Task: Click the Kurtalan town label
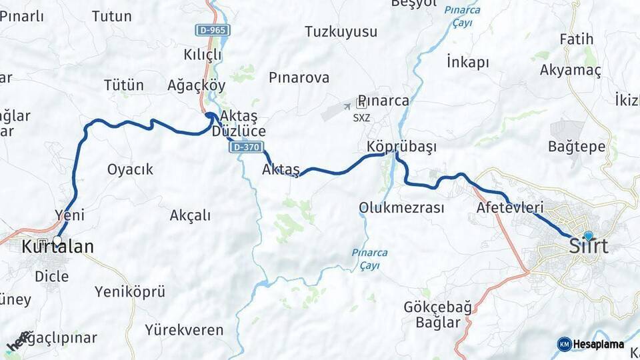pyautogui.click(x=57, y=247)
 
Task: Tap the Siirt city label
pyautogui.click(x=589, y=247)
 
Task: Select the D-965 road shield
pyautogui.click(x=212, y=30)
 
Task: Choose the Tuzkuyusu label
pyautogui.click(x=341, y=31)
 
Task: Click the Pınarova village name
pyautogui.click(x=299, y=77)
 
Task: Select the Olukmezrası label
pyautogui.click(x=401, y=207)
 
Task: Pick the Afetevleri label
pyautogui.click(x=510, y=207)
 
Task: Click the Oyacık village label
pyautogui.click(x=130, y=169)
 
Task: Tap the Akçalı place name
pyautogui.click(x=190, y=215)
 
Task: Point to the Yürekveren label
pyautogui.click(x=184, y=329)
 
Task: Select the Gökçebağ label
pyautogui.click(x=437, y=307)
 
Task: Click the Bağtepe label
pyautogui.click(x=577, y=146)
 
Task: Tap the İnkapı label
pyautogui.click(x=467, y=63)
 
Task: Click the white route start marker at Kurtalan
pyautogui.click(x=57, y=241)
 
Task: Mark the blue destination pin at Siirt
pyautogui.click(x=588, y=235)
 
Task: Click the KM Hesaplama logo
pyautogui.click(x=591, y=344)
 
